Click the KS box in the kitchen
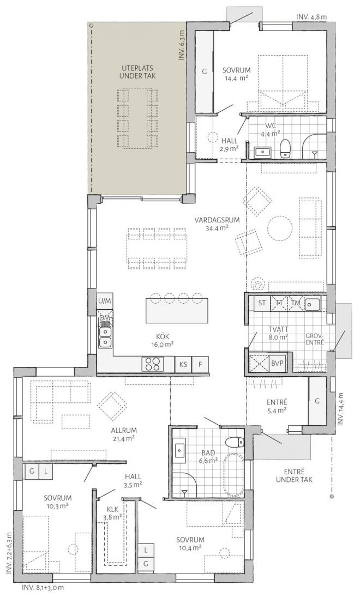pyautogui.click(x=183, y=364)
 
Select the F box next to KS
pyautogui.click(x=200, y=364)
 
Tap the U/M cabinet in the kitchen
pyautogui.click(x=104, y=300)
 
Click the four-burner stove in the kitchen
pyautogui.click(x=153, y=364)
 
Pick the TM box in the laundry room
pyautogui.click(x=296, y=303)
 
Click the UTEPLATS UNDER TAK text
pyautogui.click(x=138, y=73)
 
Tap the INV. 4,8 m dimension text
pyautogui.click(x=311, y=17)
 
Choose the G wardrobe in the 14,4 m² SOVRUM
pyautogui.click(x=203, y=71)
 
